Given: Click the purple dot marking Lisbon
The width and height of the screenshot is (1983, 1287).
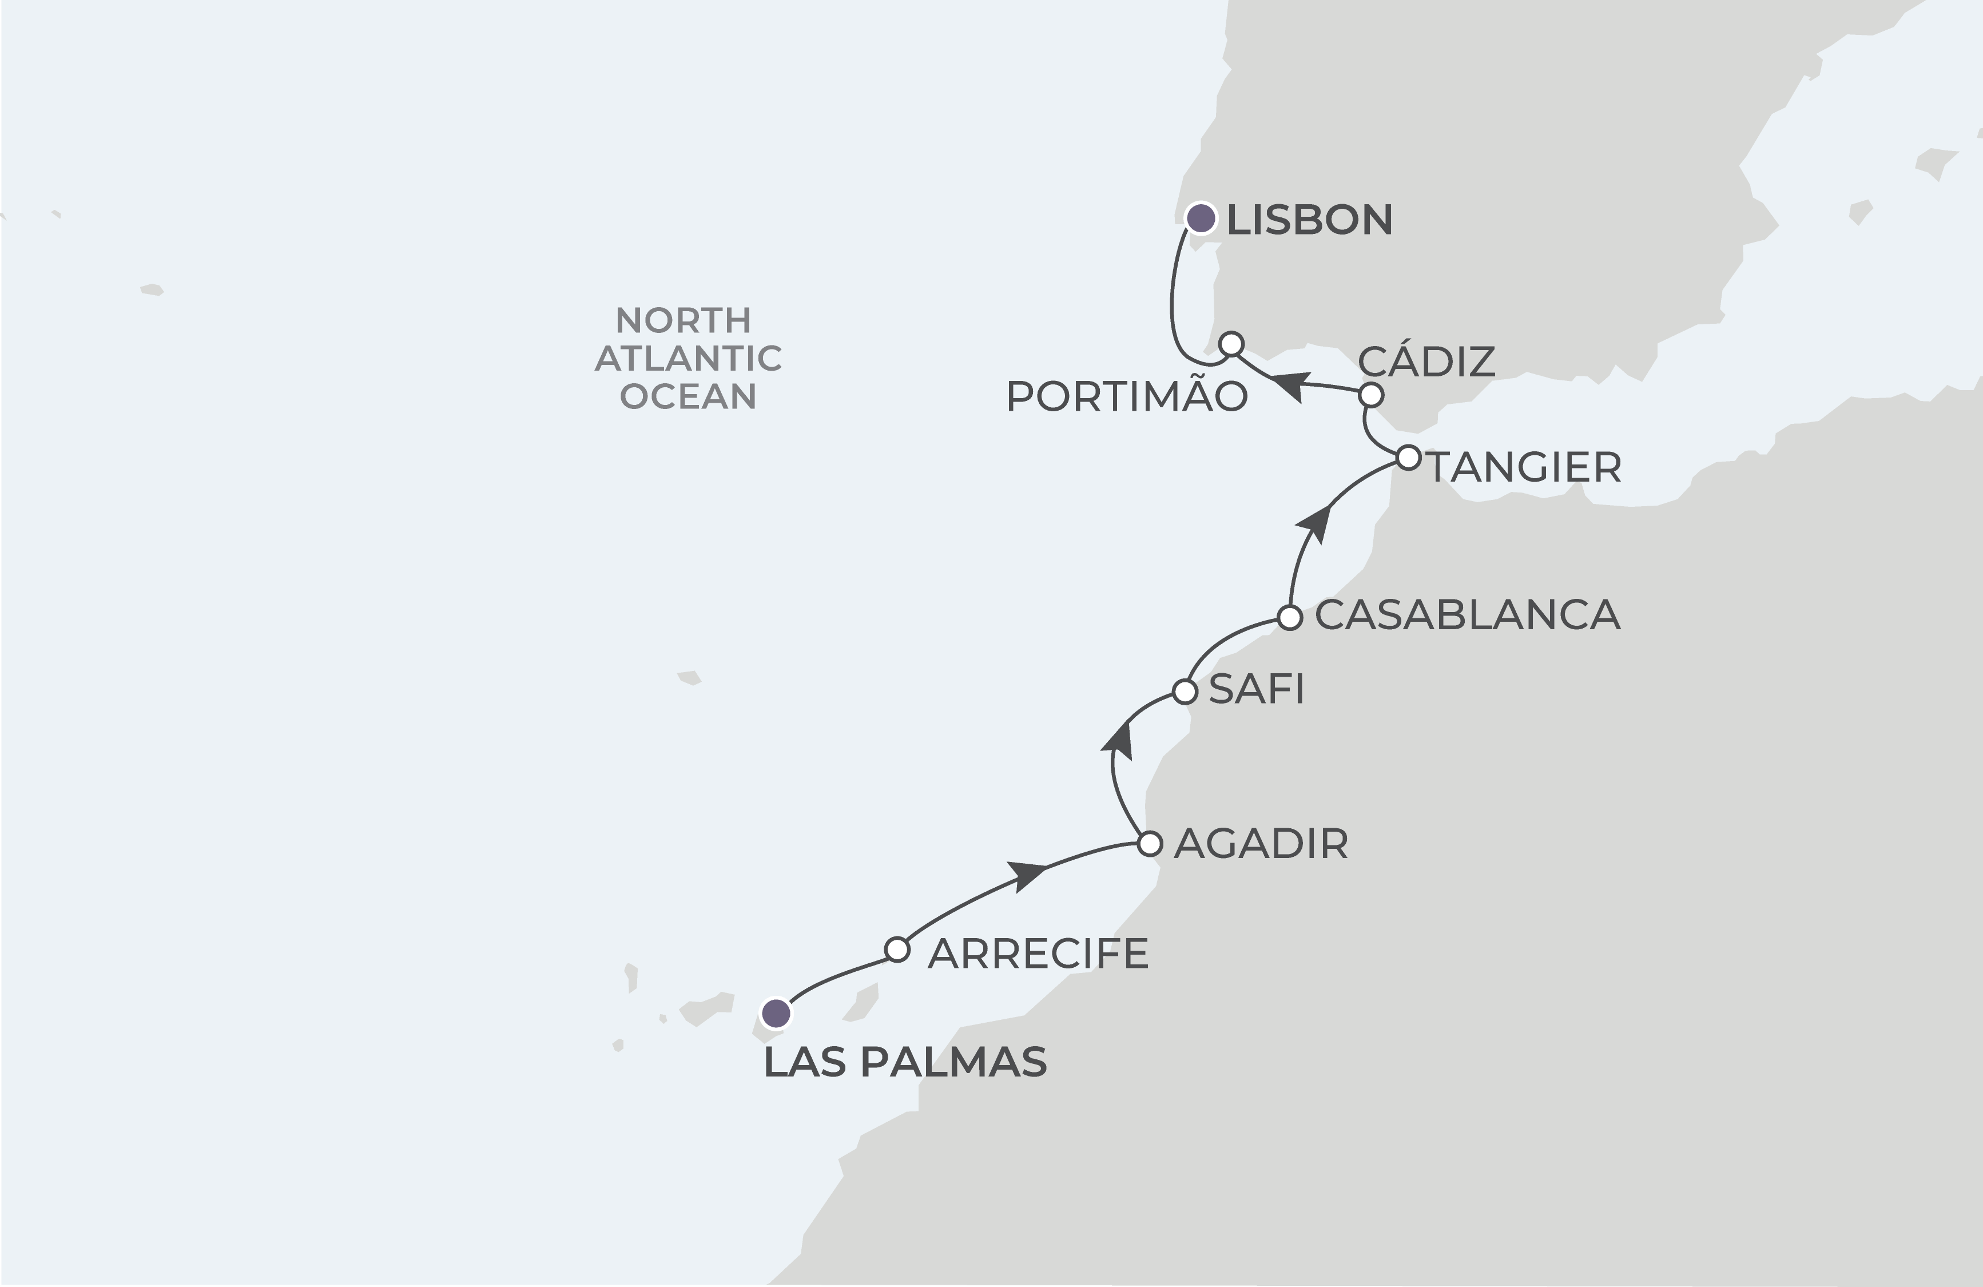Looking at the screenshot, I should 1200,219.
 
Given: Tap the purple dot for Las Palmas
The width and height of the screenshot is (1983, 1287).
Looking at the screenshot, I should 776,1014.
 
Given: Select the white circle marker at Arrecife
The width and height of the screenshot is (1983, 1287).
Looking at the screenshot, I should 896,950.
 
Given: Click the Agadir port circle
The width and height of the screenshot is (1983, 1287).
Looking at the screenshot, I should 1150,844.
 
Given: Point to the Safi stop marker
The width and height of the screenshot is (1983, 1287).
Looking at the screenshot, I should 1185,692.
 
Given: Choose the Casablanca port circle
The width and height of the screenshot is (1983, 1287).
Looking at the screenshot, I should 1290,617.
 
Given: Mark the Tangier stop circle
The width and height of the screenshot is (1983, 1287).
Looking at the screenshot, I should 1408,458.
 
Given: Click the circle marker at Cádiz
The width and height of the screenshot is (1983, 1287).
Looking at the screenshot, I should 1370,394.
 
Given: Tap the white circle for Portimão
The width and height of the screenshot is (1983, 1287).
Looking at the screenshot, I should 1231,344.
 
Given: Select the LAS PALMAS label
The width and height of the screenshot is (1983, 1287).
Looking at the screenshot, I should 905,1063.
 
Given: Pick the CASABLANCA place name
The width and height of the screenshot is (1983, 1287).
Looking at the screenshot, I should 1467,615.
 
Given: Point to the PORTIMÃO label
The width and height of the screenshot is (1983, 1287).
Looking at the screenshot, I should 1126,398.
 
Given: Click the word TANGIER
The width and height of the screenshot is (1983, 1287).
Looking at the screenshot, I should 1525,467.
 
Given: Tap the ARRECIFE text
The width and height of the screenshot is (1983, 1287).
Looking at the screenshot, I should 1038,954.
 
